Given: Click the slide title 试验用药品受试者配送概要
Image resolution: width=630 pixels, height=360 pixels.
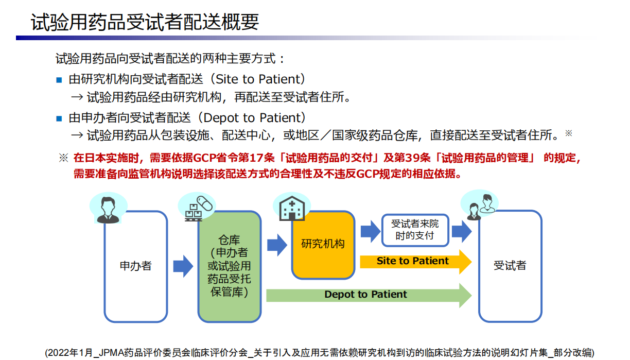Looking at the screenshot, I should pyautogui.click(x=145, y=22).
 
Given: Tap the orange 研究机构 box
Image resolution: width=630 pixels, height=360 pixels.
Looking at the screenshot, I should pyautogui.click(x=323, y=244).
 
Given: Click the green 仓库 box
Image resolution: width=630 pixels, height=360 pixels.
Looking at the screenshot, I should pyautogui.click(x=230, y=266).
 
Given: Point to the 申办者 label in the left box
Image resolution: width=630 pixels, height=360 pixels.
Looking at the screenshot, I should pyautogui.click(x=136, y=266).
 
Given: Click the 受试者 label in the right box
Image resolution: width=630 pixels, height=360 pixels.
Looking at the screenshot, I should pyautogui.click(x=510, y=266).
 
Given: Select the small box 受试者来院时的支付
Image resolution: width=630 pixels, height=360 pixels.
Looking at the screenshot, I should pyautogui.click(x=414, y=230).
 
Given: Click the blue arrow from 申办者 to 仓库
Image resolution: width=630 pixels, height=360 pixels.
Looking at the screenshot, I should pyautogui.click(x=183, y=266).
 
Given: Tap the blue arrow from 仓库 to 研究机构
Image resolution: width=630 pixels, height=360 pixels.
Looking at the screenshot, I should pyautogui.click(x=277, y=245).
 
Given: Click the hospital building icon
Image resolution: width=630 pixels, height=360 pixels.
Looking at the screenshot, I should pyautogui.click(x=290, y=209).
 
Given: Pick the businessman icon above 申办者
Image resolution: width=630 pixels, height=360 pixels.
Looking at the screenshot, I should pyautogui.click(x=108, y=209).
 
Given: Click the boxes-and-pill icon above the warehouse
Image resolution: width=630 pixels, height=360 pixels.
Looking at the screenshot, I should pyautogui.click(x=198, y=208).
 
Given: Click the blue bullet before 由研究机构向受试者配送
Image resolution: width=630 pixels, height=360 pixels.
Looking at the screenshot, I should pyautogui.click(x=59, y=80).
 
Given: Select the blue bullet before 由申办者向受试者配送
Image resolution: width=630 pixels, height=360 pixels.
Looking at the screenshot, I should pyautogui.click(x=59, y=118).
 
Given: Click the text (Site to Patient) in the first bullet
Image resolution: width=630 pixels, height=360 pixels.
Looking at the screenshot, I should pyautogui.click(x=257, y=79).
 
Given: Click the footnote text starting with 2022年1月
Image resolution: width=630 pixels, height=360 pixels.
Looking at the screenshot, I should pyautogui.click(x=319, y=352).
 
